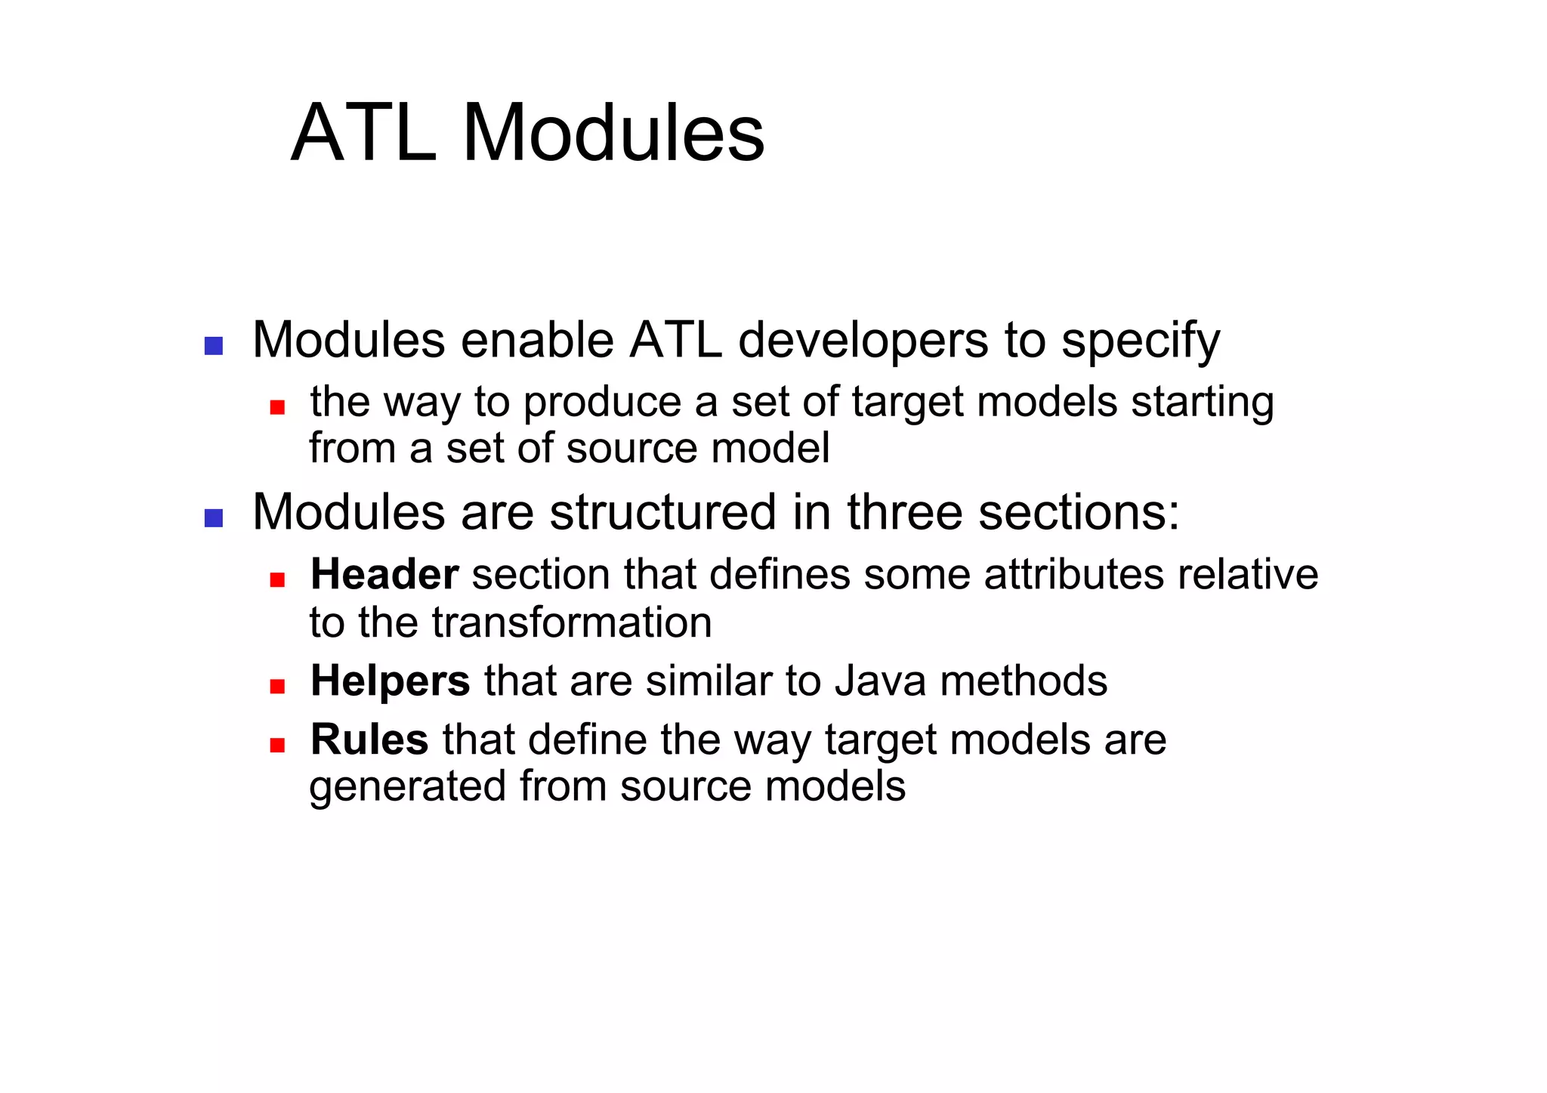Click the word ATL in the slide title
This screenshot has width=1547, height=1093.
coord(363,134)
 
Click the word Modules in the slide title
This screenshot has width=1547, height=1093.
coord(613,134)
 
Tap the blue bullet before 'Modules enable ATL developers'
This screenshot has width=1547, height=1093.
coord(214,346)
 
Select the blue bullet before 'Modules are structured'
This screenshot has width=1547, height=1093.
coord(214,518)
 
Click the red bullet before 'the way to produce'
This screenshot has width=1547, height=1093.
coord(277,407)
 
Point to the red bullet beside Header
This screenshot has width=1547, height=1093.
coord(277,580)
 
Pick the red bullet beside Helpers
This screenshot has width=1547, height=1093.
coord(277,687)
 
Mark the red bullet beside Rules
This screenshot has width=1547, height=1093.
coord(277,746)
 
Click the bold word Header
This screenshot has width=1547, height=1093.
coord(384,574)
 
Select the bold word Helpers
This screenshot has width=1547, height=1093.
coord(391,681)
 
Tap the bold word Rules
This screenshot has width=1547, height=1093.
coord(369,739)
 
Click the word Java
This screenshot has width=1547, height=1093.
coord(880,681)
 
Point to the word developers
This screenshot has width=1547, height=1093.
coord(863,341)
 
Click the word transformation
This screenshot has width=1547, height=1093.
coord(572,622)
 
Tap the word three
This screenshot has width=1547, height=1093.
coord(904,512)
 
